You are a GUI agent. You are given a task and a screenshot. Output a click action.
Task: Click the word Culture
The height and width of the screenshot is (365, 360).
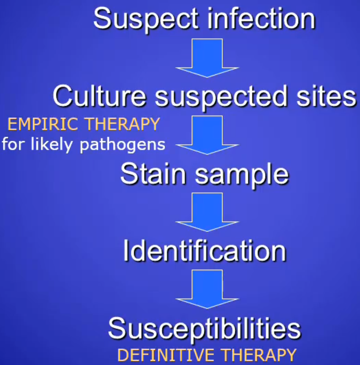100,96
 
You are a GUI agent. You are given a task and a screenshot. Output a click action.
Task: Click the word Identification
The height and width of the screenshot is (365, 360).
205,251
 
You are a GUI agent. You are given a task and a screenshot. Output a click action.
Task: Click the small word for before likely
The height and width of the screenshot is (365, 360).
13,145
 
